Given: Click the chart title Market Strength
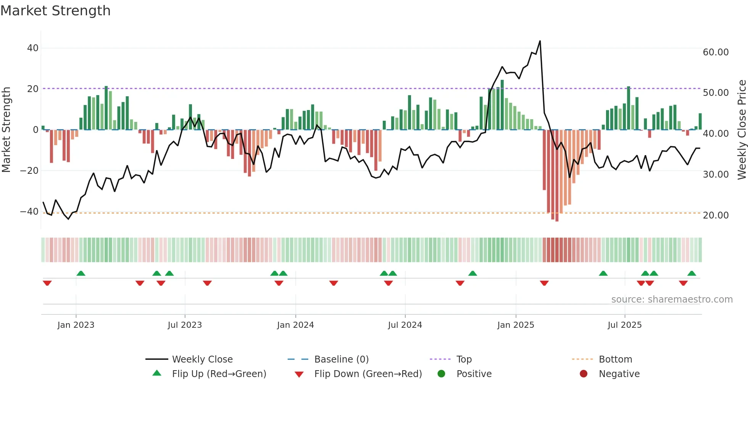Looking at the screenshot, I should tap(55, 11).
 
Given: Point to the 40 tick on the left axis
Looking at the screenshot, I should tap(33, 48).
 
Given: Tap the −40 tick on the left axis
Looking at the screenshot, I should tap(29, 211).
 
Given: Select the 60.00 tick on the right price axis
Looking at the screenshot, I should tap(716, 52).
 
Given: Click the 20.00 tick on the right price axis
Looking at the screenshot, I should tap(716, 215).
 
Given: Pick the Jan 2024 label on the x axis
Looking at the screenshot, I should tap(295, 325).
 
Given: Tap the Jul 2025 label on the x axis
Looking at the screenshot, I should tap(624, 325).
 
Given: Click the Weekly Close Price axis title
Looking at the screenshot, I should tap(742, 130).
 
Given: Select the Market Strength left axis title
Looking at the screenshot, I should tap(6, 130).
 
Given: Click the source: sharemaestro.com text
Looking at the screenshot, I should tap(672, 299).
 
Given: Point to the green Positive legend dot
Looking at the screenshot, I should tap(441, 374).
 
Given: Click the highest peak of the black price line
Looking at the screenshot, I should tap(540, 41).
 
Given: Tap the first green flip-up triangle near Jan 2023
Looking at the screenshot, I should tap(81, 273).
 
